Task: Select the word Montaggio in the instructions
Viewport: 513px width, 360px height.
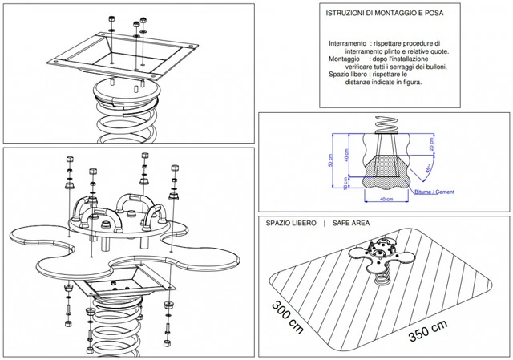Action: coord(344,59)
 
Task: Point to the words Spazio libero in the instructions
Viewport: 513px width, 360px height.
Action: coord(350,74)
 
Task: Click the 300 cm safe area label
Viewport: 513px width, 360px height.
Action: coord(285,318)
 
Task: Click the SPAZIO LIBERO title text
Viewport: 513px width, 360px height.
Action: coord(291,224)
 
